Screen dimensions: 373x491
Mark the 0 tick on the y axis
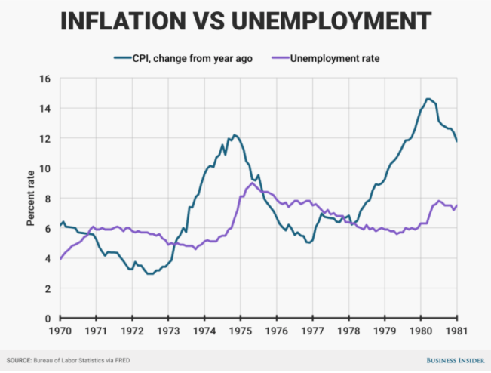[48, 318]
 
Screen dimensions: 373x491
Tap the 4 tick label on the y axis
[48, 258]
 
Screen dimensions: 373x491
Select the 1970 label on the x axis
[59, 331]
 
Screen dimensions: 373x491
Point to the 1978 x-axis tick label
[348, 331]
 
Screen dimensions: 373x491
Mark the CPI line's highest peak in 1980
[428, 99]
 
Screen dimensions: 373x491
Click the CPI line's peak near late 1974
[235, 135]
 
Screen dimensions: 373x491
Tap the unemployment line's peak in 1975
[250, 183]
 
